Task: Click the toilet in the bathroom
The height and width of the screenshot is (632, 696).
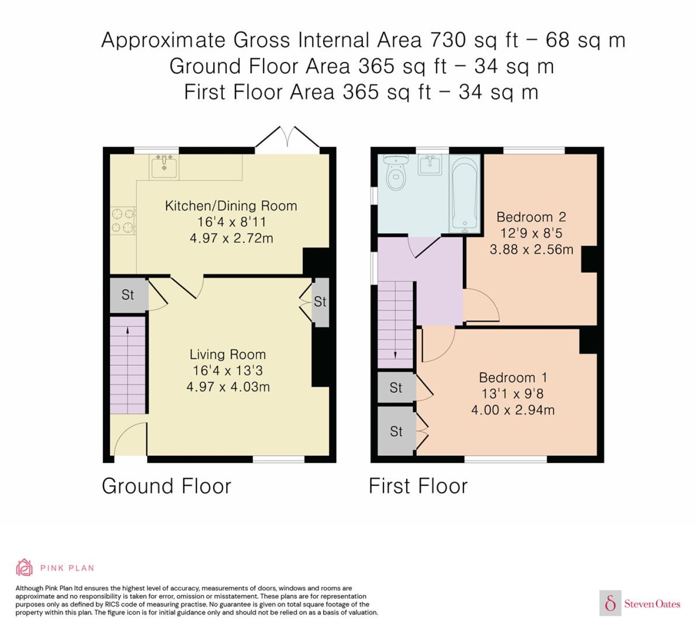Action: coord(395,173)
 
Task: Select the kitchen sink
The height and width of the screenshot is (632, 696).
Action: coord(164,167)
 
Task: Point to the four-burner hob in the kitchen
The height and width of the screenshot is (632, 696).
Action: coord(123,220)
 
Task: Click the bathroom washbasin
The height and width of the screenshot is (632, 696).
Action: coord(430,164)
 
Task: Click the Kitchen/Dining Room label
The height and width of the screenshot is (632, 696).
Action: coord(231,206)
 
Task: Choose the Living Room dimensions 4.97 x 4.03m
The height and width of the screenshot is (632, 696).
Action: coord(228,387)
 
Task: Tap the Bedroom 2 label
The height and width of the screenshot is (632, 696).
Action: coord(531,217)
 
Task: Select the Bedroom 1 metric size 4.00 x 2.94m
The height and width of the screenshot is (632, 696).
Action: coord(513,410)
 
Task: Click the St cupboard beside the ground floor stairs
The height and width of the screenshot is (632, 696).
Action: coord(128,295)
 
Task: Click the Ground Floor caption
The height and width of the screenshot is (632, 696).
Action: coord(167,486)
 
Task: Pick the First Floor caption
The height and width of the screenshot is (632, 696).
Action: coord(418,486)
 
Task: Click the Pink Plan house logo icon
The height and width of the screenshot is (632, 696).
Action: coord(24,568)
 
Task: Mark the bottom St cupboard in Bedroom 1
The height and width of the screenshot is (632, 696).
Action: coord(396,431)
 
